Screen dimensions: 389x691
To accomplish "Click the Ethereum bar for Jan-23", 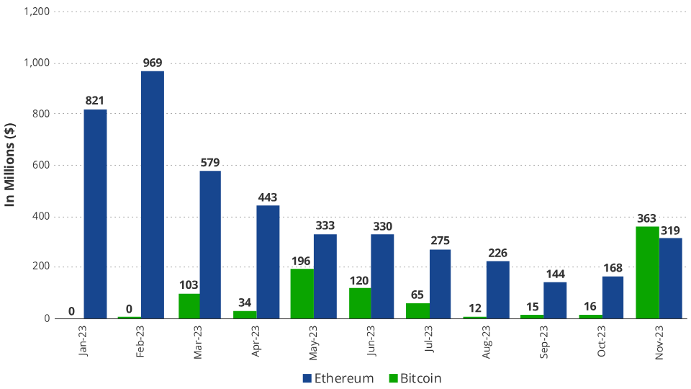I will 95,214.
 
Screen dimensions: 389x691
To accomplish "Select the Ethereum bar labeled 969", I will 152,194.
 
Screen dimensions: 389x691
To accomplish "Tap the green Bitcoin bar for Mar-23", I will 189,305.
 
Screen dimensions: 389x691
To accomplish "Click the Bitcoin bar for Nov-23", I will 647,272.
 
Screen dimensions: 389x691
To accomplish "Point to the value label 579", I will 210,162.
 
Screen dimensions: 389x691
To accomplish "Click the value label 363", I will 647,218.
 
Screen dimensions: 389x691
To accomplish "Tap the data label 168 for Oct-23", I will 613,268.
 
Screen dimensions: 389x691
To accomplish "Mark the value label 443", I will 267,197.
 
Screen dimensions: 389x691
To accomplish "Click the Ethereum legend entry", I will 338,378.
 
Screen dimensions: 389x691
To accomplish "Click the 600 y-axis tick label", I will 40,165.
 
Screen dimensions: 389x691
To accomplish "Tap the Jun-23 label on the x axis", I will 372,341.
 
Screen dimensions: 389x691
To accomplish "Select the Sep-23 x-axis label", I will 545,341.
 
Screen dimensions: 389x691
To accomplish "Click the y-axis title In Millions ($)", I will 11,165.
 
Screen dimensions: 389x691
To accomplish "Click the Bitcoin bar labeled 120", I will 360,303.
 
